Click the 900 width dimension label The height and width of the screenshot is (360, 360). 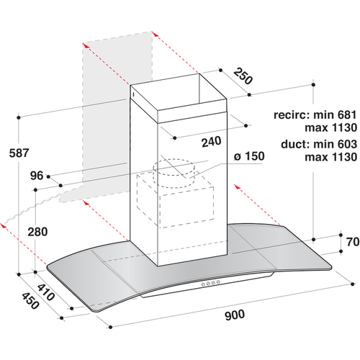tap(235, 315)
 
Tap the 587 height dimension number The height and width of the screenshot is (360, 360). tap(19, 153)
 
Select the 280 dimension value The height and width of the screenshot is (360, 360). tap(37, 232)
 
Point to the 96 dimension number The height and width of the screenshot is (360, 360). tap(37, 176)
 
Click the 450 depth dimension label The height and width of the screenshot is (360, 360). tap(30, 301)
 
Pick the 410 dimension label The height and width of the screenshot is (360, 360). tap(46, 292)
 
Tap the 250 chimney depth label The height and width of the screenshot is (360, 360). tap(243, 76)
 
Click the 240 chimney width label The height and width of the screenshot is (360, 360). tap(211, 142)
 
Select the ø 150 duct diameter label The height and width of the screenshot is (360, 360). tap(249, 156)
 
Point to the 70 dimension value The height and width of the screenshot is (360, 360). tap(353, 242)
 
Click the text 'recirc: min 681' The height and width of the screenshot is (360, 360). tap(315, 114)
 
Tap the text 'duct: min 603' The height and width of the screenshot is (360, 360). tap(319, 144)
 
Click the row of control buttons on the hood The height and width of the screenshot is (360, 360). tap(211, 283)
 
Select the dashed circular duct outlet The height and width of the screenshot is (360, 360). tap(174, 172)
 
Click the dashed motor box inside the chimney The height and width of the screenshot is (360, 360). tap(175, 200)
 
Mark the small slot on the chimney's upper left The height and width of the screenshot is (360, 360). tap(133, 94)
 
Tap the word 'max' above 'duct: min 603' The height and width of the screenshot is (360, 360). tap(317, 128)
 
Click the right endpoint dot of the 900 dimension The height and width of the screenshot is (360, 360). tap(352, 284)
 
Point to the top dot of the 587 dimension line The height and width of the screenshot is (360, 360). tap(19, 117)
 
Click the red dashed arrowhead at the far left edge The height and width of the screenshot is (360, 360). tap(3, 225)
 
